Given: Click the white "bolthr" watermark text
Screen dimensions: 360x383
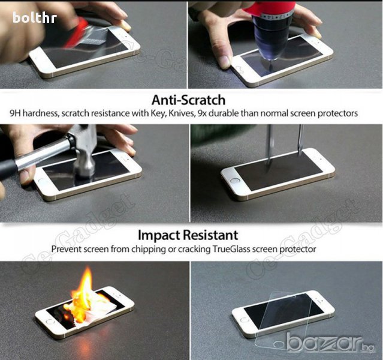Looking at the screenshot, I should click(x=35, y=17).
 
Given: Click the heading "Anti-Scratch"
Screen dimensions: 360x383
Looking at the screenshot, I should click(x=188, y=100).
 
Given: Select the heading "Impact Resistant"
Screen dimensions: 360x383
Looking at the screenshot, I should click(x=188, y=235).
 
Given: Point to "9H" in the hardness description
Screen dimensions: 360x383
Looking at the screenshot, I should click(x=16, y=113).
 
